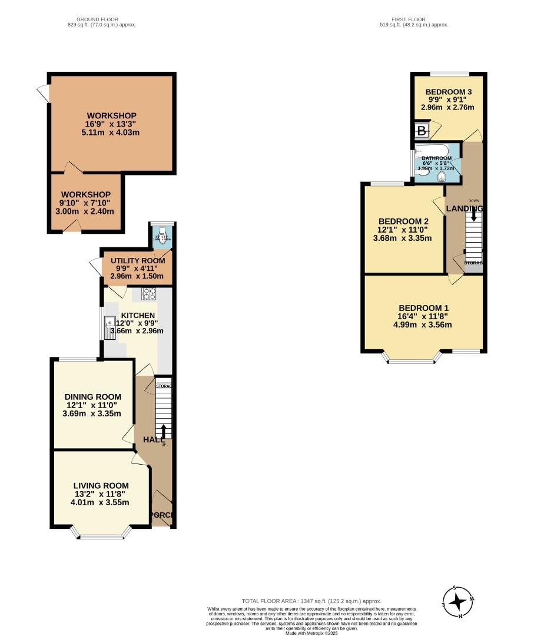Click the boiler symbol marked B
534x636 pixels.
tap(422, 131)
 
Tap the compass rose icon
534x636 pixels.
tap(458, 602)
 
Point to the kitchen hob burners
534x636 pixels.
tap(148, 293)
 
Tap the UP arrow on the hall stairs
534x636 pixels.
tap(164, 430)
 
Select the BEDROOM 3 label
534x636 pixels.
tap(449, 92)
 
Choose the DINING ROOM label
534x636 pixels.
tap(93, 397)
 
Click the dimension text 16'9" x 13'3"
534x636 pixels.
tap(112, 124)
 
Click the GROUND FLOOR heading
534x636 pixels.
tap(102, 19)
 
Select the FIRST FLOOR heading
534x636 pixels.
tap(414, 19)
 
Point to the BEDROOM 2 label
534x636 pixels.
tap(403, 221)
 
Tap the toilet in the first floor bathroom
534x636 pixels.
tap(442, 175)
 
